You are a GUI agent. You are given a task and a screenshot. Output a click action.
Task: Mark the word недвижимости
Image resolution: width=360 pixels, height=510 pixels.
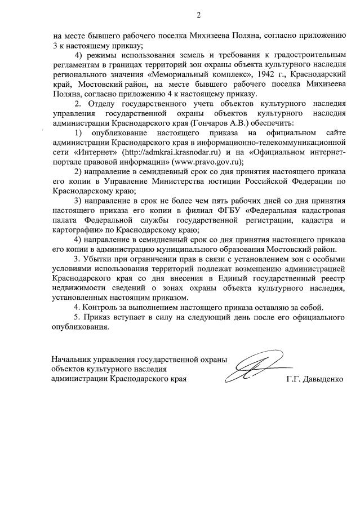[x=78, y=288]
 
